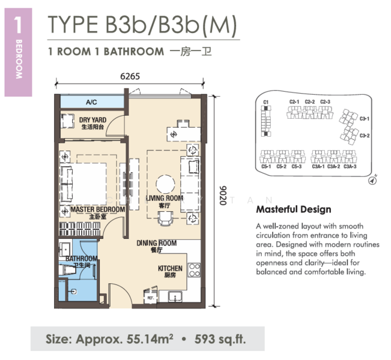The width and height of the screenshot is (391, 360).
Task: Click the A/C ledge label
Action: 91,102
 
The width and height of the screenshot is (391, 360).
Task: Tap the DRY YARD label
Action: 92,120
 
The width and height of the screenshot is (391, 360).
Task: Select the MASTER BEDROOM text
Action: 98,209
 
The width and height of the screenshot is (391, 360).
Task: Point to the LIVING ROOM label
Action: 165,199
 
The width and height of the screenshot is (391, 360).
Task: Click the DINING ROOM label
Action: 157,243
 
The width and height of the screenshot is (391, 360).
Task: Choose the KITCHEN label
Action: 170,268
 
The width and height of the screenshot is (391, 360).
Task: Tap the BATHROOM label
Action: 82,259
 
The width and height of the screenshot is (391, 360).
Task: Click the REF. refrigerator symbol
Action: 150,297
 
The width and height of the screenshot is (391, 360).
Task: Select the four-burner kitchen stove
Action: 194,270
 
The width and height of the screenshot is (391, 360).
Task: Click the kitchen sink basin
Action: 175,297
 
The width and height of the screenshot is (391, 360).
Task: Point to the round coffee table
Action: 165,184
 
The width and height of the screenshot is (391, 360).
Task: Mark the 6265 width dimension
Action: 130,76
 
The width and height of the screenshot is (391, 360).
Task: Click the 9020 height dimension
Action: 223,196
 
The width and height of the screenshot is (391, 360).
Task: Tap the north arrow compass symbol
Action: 372,181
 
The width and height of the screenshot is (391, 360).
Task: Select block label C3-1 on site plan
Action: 365,119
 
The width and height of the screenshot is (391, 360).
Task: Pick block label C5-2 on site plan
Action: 281,166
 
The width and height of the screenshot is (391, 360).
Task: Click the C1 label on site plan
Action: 266,102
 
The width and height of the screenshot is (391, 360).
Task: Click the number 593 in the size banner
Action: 204,339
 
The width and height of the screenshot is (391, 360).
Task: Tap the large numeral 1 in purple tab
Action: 18,25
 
